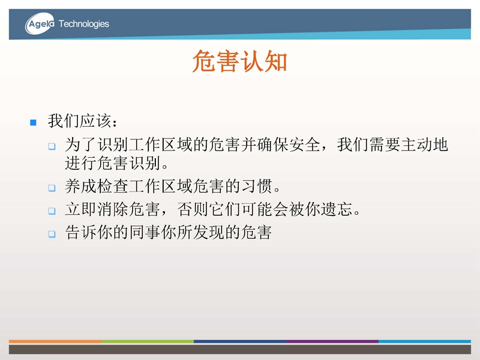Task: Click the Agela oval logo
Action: pos(40,23)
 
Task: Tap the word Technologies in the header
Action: pos(83,24)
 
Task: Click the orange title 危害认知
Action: pos(239,61)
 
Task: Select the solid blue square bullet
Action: pos(34,123)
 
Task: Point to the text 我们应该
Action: pos(79,121)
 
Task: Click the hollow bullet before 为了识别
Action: pos(52,146)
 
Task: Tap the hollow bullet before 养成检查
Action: pos(52,188)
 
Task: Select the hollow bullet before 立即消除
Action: pos(52,211)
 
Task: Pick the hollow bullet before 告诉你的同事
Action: pos(52,234)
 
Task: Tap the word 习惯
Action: pos(257,186)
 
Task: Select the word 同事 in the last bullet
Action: pos(145,233)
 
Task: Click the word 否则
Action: pos(193,209)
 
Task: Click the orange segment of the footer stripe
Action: pos(55,341)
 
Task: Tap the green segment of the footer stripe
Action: pos(148,341)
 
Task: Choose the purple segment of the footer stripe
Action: pos(332,341)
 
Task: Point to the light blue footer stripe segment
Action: pos(425,341)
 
